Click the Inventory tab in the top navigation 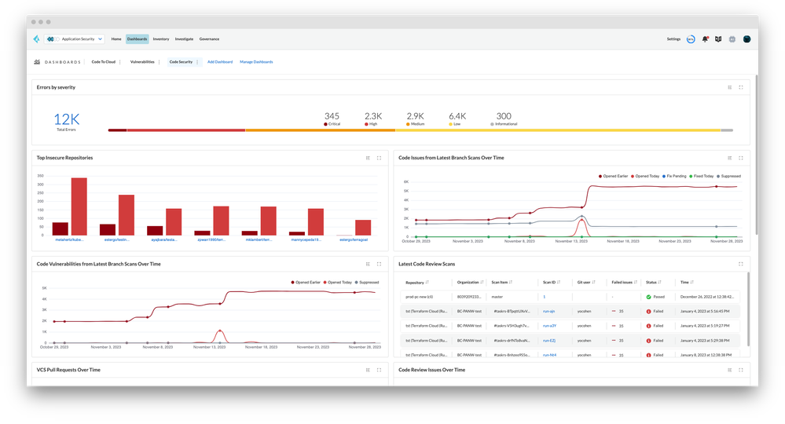pos(160,38)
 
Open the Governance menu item pos(209,38)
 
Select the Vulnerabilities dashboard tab pos(142,61)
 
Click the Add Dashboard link pos(220,61)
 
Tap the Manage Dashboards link pos(256,61)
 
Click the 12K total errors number pos(67,119)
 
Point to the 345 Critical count pos(332,116)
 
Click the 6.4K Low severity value pos(457,116)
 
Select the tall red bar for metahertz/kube pos(79,207)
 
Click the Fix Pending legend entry pos(677,176)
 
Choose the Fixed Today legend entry pos(702,176)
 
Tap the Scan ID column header pos(550,282)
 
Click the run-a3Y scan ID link pos(550,326)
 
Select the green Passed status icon pos(649,297)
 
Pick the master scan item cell pos(497,297)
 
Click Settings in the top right pos(673,38)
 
